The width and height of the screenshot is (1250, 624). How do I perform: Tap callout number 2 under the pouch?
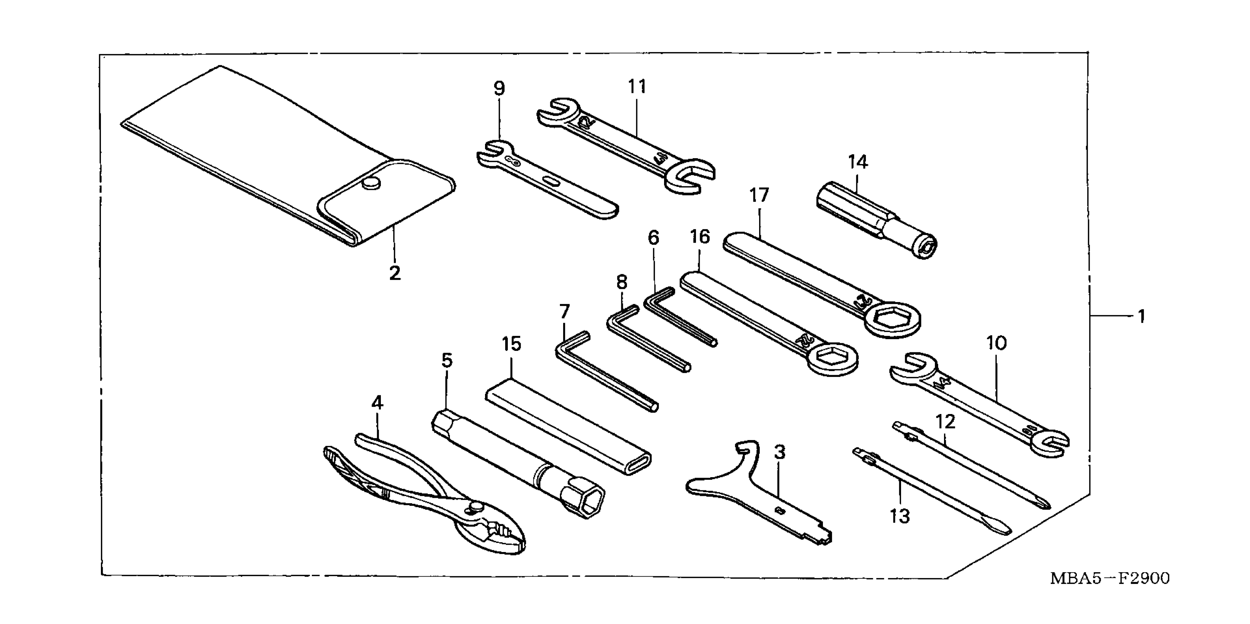tap(395, 273)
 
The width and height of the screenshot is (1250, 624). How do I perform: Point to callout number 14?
tap(857, 162)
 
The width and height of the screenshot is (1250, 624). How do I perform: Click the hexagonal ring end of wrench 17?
tap(893, 319)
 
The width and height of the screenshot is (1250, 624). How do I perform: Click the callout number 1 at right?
tap(1141, 317)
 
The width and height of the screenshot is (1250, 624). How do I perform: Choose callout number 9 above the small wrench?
tap(499, 88)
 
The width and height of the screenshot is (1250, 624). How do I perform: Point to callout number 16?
tap(699, 237)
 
